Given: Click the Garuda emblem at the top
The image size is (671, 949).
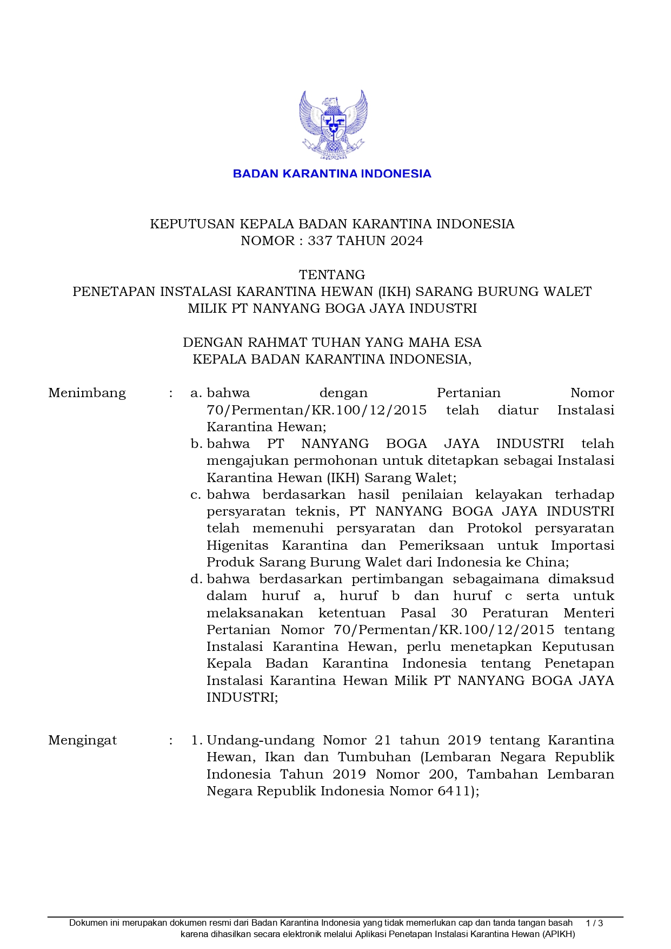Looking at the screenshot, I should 333,125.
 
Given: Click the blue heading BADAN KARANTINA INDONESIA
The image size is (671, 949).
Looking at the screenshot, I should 332,174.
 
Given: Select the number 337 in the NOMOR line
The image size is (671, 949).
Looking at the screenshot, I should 320,241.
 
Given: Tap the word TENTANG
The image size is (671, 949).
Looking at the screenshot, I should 332,274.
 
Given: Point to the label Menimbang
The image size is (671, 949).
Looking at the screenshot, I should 87,393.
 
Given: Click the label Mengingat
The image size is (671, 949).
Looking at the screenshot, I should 83,740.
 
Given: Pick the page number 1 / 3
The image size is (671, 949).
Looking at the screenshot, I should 594,923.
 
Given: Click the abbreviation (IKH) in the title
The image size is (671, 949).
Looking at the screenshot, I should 395,292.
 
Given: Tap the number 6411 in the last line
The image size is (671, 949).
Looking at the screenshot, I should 454,791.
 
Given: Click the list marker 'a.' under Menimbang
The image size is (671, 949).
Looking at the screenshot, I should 196,393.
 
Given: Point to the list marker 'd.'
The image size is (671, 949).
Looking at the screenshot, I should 196,579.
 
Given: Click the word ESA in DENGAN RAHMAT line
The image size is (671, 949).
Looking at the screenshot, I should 467,342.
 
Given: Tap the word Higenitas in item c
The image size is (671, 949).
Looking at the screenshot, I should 237,545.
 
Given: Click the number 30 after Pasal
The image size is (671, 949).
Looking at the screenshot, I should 459,613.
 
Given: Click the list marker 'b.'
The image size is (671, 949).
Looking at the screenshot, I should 196,444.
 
